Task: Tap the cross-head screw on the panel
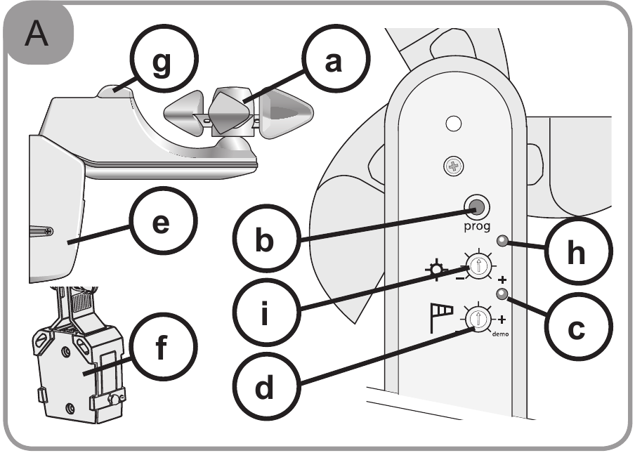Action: (453, 166)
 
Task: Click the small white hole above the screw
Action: (454, 124)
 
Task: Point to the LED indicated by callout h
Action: (502, 242)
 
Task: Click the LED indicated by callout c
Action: (502, 293)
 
